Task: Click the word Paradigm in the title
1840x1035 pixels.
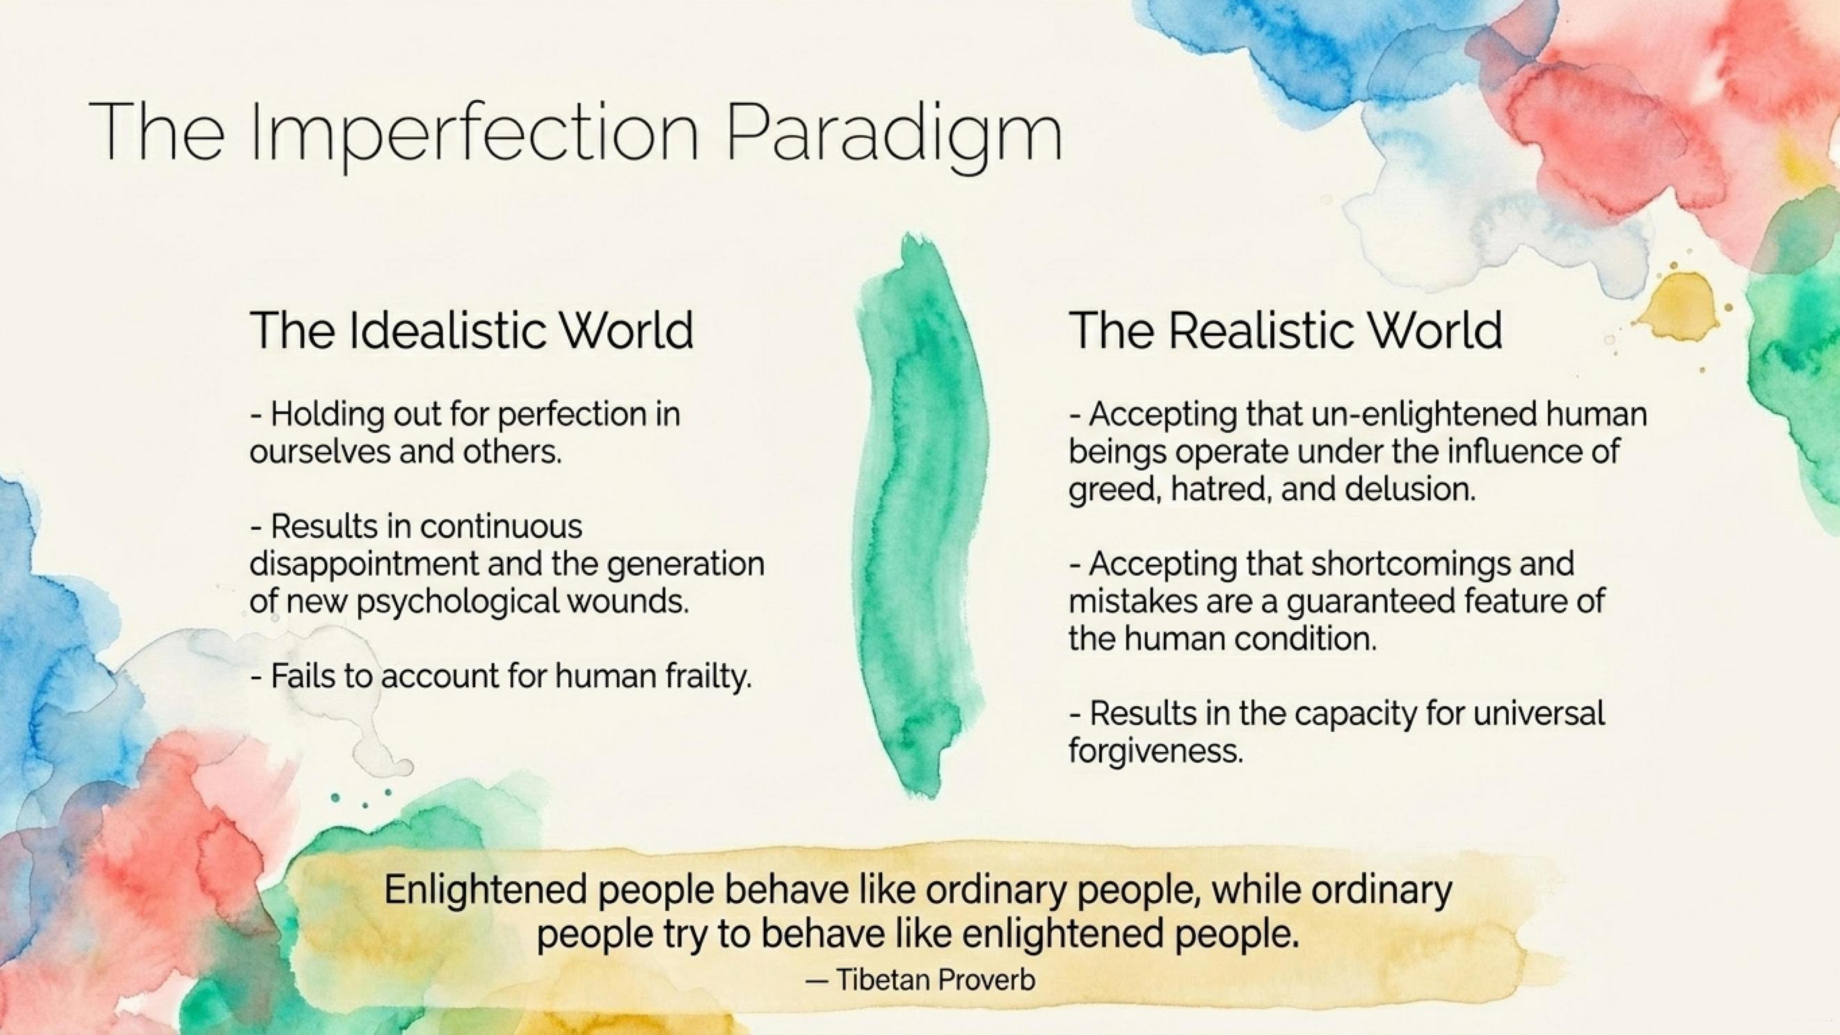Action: [x=895, y=131]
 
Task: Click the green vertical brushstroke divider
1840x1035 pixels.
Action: [x=923, y=514]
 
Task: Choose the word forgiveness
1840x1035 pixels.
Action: [x=1156, y=751]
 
